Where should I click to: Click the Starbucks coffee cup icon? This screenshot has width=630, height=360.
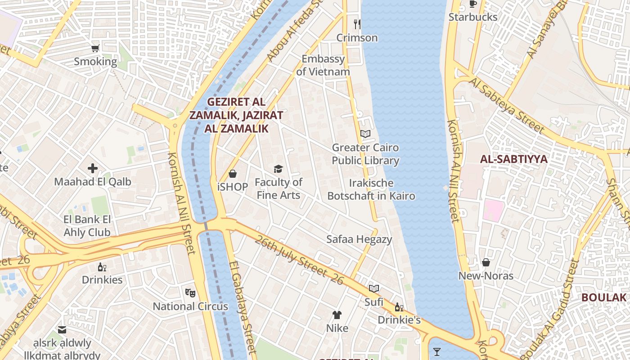tap(472, 4)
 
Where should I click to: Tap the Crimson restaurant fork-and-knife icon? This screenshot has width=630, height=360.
tap(357, 24)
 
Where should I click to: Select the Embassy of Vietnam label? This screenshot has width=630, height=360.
tap(323, 65)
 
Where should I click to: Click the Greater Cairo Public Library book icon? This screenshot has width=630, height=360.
tap(365, 134)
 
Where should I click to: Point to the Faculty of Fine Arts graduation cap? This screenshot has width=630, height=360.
tap(279, 169)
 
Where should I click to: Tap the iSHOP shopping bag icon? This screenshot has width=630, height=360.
tap(233, 173)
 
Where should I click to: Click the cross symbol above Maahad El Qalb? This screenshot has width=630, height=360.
tap(93, 168)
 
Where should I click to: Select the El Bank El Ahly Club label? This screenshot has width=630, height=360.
tap(87, 226)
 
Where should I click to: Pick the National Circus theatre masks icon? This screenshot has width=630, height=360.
tap(190, 292)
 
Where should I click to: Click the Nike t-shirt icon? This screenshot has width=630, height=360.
tap(337, 315)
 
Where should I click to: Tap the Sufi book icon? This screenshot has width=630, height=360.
tap(374, 288)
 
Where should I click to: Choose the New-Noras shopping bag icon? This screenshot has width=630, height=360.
tap(486, 262)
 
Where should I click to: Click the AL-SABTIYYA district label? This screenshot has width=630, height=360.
tap(513, 159)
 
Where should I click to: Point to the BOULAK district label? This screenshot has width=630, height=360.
tap(604, 297)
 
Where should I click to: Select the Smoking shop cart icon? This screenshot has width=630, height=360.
tap(95, 48)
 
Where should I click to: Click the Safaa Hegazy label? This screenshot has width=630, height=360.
tap(359, 239)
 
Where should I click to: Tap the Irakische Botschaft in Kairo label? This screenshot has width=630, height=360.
tap(371, 189)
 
